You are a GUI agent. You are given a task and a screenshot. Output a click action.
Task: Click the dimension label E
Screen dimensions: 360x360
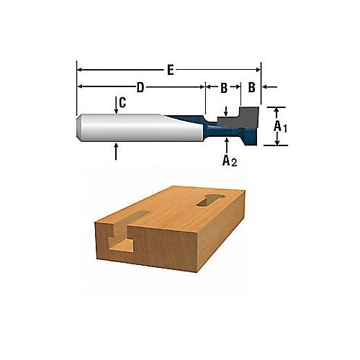171,70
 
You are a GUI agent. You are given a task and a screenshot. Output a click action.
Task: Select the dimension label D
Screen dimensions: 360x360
140,87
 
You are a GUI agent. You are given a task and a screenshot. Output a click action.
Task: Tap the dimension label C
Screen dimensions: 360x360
122,103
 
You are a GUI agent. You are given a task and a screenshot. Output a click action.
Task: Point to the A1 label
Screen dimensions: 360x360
280,127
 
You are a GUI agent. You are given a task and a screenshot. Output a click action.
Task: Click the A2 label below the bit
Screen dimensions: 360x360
230,161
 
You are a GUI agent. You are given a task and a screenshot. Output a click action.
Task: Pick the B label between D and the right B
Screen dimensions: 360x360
224,88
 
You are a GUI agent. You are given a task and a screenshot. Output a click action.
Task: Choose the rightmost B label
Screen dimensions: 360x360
251,87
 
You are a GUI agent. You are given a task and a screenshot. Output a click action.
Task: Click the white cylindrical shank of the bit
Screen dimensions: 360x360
142,127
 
